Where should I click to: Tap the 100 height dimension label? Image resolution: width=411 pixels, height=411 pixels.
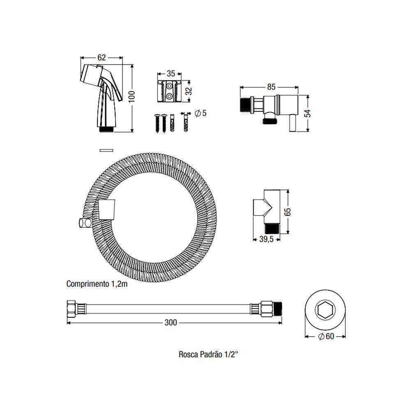(x=132, y=97)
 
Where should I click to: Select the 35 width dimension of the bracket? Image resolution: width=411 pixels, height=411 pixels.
(x=171, y=74)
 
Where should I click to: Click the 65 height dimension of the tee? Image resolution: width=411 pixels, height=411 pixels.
(x=288, y=211)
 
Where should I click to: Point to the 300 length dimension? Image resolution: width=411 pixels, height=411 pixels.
(x=171, y=323)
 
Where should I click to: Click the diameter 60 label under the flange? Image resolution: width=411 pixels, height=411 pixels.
(x=326, y=336)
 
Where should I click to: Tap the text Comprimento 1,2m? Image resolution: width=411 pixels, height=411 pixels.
(x=97, y=284)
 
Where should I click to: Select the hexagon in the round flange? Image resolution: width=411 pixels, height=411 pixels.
(x=325, y=309)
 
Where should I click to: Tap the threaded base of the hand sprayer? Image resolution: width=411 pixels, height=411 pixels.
(x=107, y=129)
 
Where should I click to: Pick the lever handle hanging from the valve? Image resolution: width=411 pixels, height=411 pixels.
(x=293, y=124)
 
